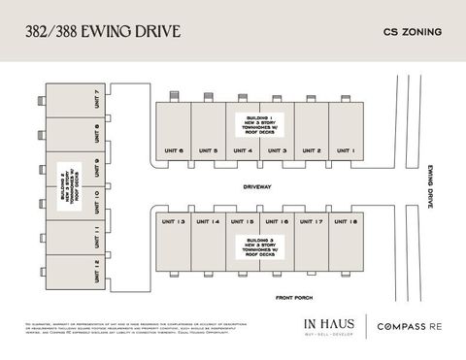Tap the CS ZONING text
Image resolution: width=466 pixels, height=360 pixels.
click(406, 32)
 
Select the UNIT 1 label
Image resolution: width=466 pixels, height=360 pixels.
click(347, 150)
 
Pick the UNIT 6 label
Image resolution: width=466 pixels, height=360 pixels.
click(174, 150)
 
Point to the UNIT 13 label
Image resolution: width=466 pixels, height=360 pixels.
click(174, 222)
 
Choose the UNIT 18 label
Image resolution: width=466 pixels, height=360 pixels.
click(347, 222)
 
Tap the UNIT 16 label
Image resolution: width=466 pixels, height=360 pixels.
click(278, 222)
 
